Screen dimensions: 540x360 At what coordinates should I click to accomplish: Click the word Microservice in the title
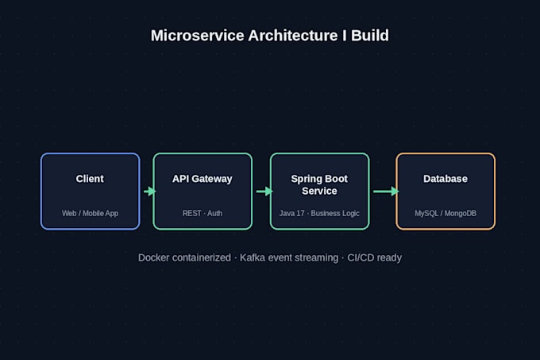click(x=197, y=36)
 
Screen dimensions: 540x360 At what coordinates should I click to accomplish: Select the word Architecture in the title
click(x=293, y=36)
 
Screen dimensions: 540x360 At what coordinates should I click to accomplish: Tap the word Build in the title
click(x=370, y=36)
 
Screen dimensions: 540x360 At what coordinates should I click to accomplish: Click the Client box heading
click(x=90, y=179)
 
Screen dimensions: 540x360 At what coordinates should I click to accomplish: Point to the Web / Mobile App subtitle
click(x=90, y=213)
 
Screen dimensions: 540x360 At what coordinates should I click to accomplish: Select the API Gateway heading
click(x=202, y=179)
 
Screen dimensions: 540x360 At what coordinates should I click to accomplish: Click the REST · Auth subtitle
click(x=202, y=213)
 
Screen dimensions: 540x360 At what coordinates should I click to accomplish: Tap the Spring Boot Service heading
click(x=319, y=185)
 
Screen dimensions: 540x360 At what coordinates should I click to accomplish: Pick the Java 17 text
click(x=292, y=213)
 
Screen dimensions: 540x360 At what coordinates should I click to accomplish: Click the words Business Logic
click(x=335, y=213)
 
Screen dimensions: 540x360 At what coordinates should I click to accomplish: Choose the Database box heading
click(x=445, y=179)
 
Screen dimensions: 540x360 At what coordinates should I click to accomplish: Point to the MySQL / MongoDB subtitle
click(x=445, y=213)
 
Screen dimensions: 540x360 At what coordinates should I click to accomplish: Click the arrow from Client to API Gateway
click(x=150, y=192)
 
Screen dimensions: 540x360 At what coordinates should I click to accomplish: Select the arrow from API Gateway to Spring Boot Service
click(x=264, y=192)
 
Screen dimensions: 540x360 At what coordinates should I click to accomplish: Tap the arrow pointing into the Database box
click(x=386, y=192)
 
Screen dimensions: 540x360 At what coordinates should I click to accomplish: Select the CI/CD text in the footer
click(x=360, y=257)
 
